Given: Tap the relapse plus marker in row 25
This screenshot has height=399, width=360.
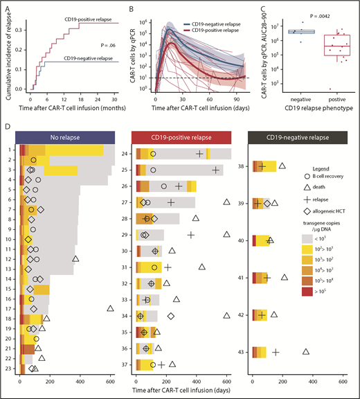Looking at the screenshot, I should pyautogui.click(x=215, y=169).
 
